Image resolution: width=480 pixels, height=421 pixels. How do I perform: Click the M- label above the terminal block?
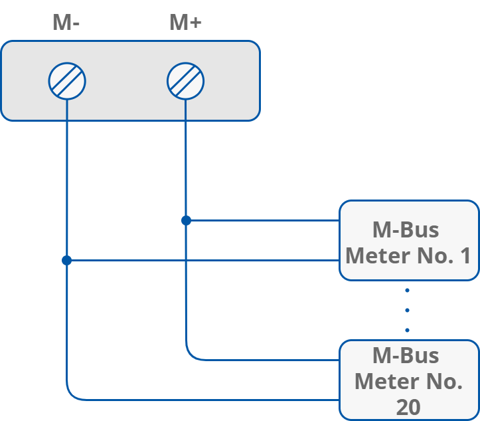tap(66, 23)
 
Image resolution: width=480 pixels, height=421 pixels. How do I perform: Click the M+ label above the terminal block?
tap(185, 23)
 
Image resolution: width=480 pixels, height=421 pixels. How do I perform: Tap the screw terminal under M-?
tap(67, 82)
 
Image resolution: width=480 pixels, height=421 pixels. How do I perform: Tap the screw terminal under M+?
tap(185, 82)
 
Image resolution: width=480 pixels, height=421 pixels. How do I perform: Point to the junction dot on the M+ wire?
tap(186, 220)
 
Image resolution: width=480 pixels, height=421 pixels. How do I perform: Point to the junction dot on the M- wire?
tap(66, 260)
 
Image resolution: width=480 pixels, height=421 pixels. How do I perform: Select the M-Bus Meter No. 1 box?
tap(408, 241)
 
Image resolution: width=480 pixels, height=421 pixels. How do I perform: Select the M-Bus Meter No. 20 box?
tap(408, 380)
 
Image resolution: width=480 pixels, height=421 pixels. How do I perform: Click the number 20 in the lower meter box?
tap(408, 407)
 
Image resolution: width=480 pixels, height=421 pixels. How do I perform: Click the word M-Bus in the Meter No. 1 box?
tap(406, 230)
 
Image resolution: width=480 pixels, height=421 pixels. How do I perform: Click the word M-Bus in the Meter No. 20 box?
tap(406, 355)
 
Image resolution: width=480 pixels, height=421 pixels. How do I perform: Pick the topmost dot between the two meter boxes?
tap(407, 290)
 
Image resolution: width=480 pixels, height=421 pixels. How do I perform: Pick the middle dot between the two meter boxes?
tap(407, 310)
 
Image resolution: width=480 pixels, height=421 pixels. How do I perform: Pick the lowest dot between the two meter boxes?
tap(407, 330)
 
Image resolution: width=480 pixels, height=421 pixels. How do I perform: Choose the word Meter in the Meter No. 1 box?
tap(378, 255)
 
